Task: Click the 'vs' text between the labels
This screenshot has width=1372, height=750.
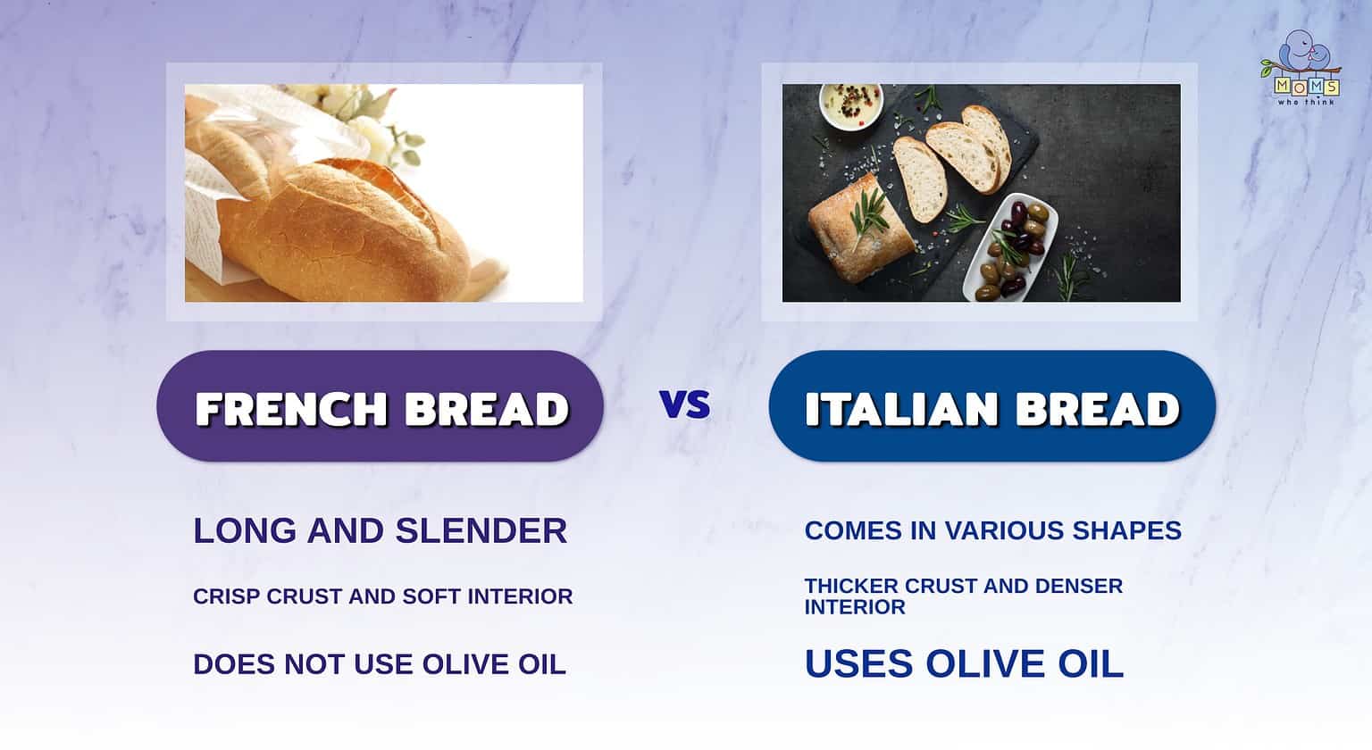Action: click(x=685, y=405)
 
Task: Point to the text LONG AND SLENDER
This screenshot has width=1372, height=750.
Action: click(x=380, y=530)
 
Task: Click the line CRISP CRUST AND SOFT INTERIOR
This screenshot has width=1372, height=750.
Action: click(x=382, y=596)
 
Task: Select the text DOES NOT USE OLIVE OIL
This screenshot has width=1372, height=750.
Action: click(x=379, y=664)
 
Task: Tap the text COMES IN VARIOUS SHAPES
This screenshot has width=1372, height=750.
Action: click(x=992, y=530)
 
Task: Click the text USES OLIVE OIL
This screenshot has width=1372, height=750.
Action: click(x=963, y=664)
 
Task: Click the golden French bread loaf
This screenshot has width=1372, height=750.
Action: click(x=348, y=223)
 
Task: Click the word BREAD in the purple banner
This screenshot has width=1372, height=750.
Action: click(x=486, y=409)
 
